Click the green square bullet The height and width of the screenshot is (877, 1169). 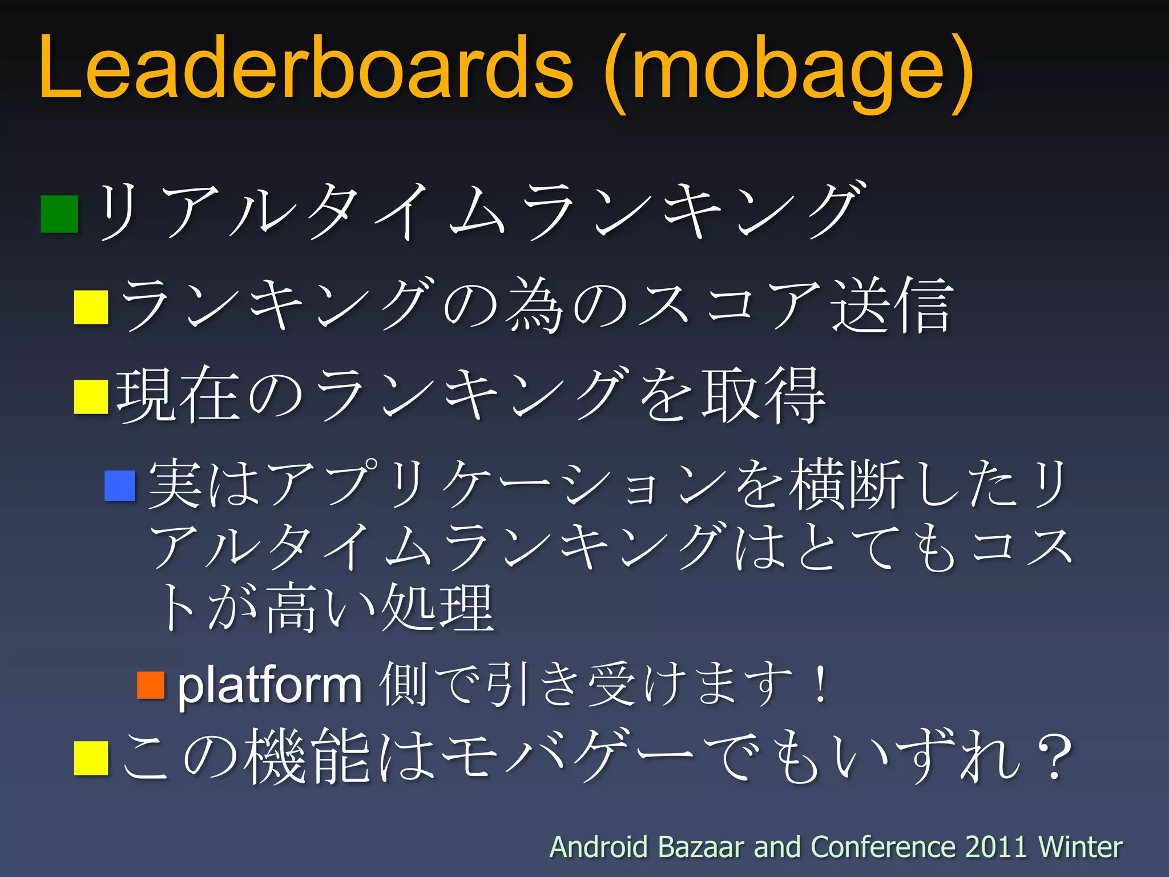point(59,214)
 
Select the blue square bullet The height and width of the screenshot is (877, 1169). point(120,485)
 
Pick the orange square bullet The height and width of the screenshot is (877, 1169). point(151,685)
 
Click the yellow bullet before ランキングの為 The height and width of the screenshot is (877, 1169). point(91,307)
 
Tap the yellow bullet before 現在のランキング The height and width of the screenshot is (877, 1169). point(91,397)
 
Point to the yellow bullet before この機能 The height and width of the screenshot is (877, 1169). point(91,758)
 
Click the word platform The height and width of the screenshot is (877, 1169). point(269,685)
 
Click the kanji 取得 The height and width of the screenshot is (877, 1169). point(764,395)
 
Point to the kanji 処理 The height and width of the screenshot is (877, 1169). point(437,608)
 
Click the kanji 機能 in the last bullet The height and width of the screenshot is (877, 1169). point(308,757)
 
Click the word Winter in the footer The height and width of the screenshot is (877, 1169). point(1080,847)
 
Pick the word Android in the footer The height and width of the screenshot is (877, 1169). point(599,847)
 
